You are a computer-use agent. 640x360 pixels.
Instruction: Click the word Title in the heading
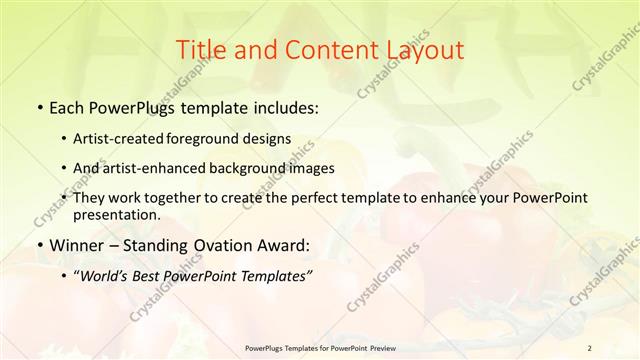(202, 50)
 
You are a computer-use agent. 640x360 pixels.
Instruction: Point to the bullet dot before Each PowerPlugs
(38, 106)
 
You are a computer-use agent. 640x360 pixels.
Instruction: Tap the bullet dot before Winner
(38, 246)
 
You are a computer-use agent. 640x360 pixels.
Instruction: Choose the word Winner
(77, 246)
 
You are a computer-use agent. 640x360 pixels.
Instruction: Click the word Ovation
(216, 246)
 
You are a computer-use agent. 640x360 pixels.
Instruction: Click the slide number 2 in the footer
(589, 348)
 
